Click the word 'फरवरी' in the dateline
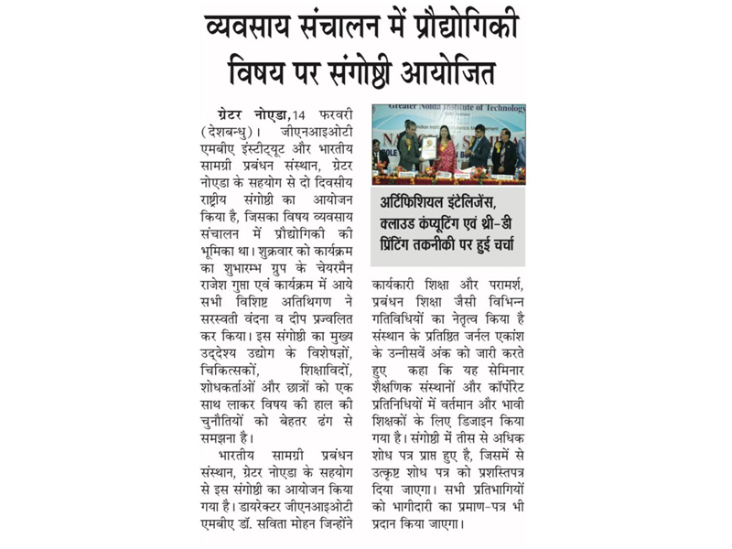point(336,114)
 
